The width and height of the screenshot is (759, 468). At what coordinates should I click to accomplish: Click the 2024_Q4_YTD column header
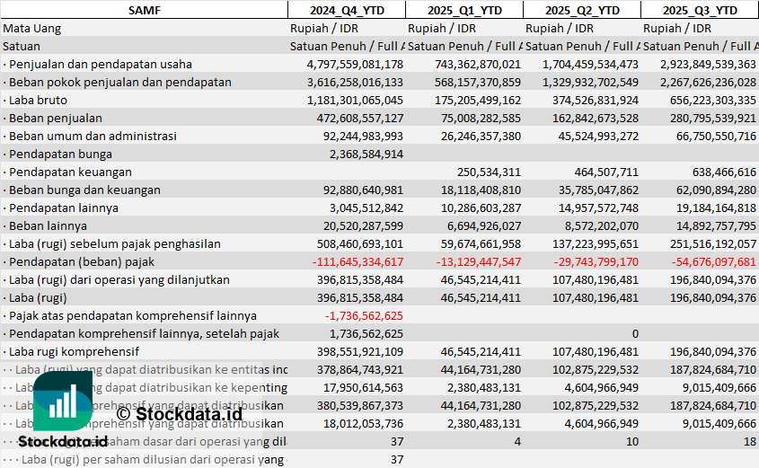click(x=346, y=10)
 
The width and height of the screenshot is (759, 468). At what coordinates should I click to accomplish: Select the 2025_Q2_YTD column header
click(x=581, y=10)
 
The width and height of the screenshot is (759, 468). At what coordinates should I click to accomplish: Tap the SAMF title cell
click(x=144, y=10)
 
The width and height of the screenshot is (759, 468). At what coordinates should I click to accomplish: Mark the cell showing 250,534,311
click(x=489, y=172)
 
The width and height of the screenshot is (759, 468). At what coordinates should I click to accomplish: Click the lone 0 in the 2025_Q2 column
click(x=634, y=333)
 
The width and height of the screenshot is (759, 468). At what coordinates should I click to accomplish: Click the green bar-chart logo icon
click(x=62, y=400)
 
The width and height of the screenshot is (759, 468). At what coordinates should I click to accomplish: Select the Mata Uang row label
click(x=32, y=28)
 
